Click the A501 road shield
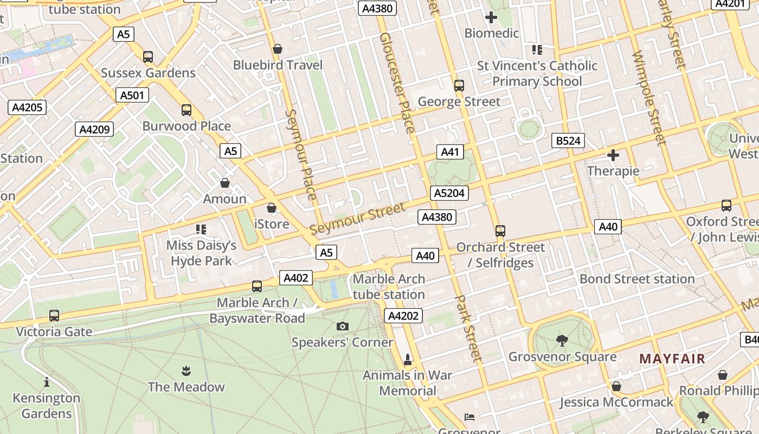tap(132, 95)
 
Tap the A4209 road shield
tap(94, 129)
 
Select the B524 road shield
tap(568, 141)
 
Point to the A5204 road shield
tap(449, 193)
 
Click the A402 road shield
tap(296, 278)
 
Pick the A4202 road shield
tap(403, 316)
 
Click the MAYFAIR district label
tap(672, 359)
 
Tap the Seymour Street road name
tap(357, 219)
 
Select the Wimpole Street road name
tap(648, 98)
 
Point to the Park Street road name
tap(468, 329)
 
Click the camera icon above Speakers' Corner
tap(343, 326)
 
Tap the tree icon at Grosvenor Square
tap(562, 341)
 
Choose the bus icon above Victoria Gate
tap(54, 315)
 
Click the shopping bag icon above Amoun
tap(225, 183)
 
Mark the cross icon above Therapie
tap(613, 156)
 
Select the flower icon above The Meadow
tap(186, 371)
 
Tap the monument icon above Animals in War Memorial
tap(408, 359)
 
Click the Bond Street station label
tap(637, 279)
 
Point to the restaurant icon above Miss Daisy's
tap(201, 229)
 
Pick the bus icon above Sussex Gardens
tap(148, 56)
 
